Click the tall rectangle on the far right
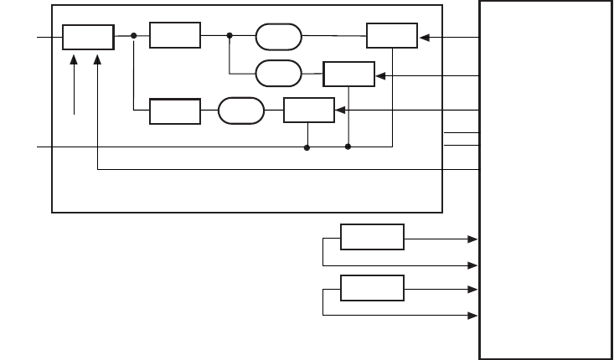[x=545, y=179]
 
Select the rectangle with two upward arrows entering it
[x=88, y=37]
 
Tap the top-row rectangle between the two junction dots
[x=175, y=36]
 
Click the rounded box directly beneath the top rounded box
[x=280, y=73]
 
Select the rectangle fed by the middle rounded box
[x=348, y=75]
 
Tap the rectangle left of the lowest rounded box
[x=175, y=111]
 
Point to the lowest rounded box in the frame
[x=240, y=111]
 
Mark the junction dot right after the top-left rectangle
[x=134, y=36]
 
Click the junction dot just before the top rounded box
[x=229, y=36]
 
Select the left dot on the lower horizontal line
[x=307, y=147]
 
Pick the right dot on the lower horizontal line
[x=348, y=147]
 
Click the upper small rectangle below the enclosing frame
[x=372, y=237]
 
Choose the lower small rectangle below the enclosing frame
[x=372, y=288]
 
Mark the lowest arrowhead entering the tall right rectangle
[x=475, y=315]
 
